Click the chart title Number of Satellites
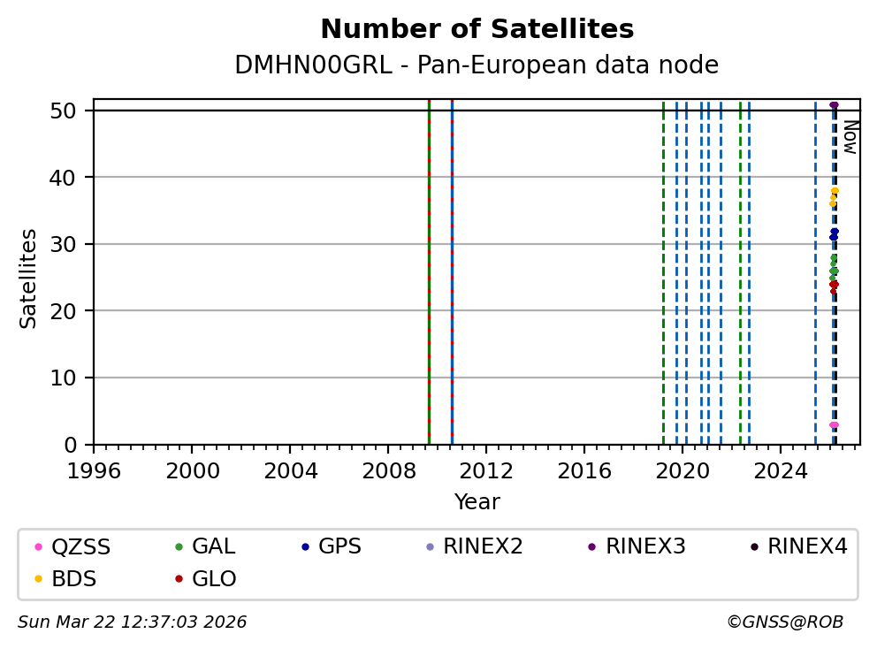tap(477, 30)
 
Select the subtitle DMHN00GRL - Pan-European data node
tap(477, 65)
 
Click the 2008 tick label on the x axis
tap(388, 468)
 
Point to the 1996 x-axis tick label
tap(95, 468)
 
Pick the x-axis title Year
tap(477, 502)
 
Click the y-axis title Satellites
tap(29, 279)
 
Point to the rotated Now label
tap(850, 137)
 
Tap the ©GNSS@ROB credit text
tap(785, 622)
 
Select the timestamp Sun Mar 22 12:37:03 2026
tap(133, 622)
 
